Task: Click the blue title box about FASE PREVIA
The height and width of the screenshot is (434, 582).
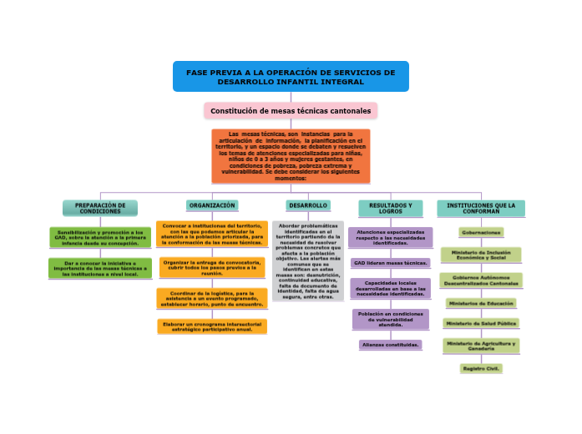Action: tap(291, 76)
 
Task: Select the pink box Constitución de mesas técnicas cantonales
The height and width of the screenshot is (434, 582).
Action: tap(291, 110)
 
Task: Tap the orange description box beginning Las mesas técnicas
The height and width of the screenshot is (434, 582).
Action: tap(291, 155)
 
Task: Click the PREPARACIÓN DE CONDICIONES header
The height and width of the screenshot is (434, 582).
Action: tap(100, 208)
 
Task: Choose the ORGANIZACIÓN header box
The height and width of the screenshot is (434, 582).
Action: tap(212, 204)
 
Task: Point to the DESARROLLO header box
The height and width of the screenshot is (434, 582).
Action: tap(307, 204)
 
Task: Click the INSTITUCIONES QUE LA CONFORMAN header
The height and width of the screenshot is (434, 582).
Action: tap(481, 208)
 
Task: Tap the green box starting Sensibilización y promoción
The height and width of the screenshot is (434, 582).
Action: tap(100, 237)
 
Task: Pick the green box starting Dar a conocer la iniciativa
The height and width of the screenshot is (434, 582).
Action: tap(100, 268)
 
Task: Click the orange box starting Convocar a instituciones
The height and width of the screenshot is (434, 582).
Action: tap(212, 234)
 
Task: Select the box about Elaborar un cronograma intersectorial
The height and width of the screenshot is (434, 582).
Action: tap(212, 326)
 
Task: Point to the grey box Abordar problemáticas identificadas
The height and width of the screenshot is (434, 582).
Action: tap(307, 260)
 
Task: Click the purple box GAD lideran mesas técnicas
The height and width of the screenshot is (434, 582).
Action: tap(390, 263)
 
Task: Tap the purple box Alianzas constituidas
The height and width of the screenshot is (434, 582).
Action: tap(390, 344)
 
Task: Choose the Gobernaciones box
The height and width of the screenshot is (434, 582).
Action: tap(481, 232)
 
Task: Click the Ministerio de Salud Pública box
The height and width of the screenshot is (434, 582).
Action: tap(481, 322)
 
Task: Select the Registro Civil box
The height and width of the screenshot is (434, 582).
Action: tap(481, 367)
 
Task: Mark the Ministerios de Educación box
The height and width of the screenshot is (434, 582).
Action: tap(481, 303)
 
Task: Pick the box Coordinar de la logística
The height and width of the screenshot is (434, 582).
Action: tap(212, 298)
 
